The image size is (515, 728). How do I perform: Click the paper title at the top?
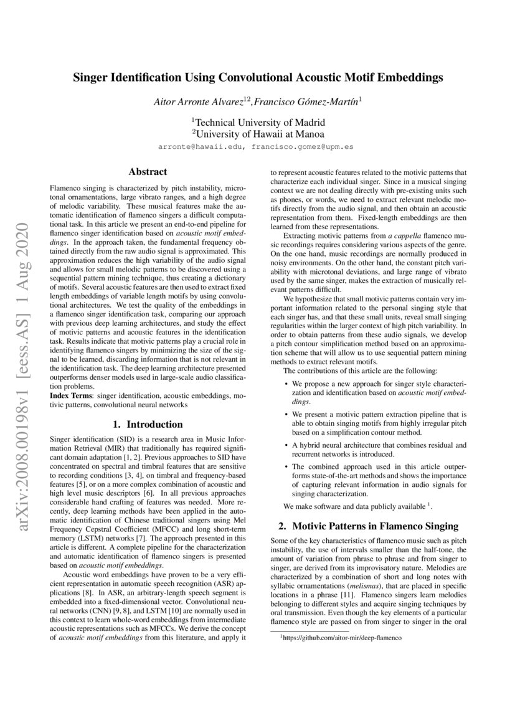click(258, 78)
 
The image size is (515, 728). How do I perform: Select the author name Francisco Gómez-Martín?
click(305, 100)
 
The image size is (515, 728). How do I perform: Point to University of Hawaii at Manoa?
click(257, 133)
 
